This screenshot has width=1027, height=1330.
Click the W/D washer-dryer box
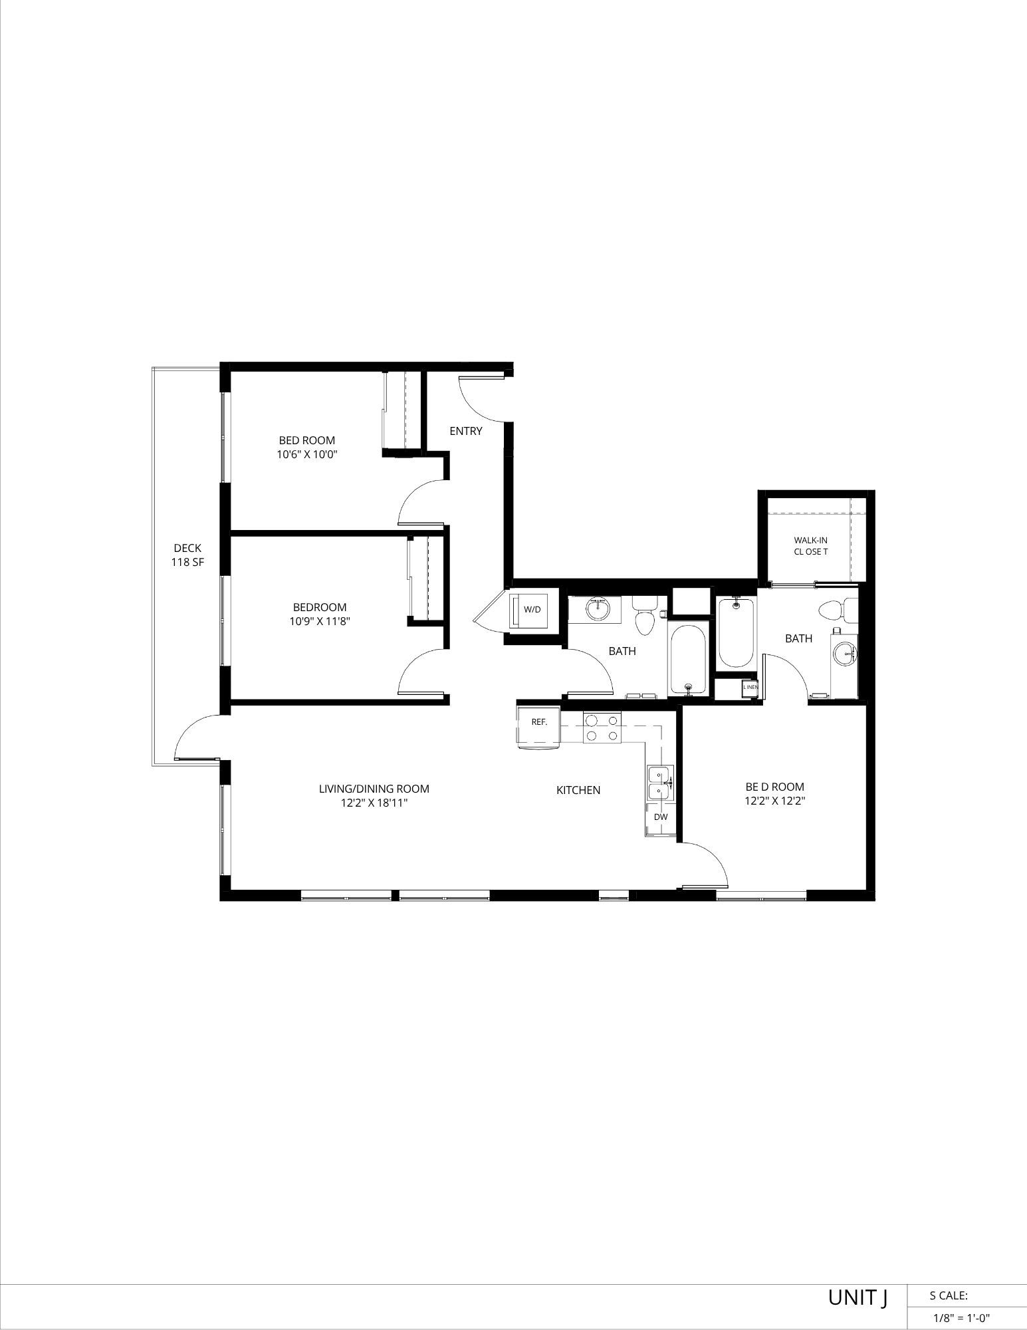[x=530, y=609]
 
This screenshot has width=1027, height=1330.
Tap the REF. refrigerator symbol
[x=538, y=722]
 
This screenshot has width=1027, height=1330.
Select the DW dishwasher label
[x=660, y=817]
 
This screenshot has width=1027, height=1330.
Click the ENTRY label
[x=465, y=431]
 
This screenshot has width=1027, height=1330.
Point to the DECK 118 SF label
[x=187, y=555]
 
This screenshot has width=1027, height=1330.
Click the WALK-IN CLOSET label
[x=810, y=546]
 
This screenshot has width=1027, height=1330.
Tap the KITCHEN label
[x=578, y=790]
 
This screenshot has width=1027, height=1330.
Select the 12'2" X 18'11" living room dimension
[x=374, y=803]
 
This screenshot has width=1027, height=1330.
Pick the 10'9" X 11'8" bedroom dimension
[x=320, y=622]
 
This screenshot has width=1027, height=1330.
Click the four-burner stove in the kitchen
[x=602, y=727]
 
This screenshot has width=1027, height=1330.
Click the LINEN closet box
[x=750, y=687]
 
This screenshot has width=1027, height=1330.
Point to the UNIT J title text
[x=857, y=1297]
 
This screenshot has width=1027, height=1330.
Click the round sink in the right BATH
[x=845, y=654]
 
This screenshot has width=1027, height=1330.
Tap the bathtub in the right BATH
[x=736, y=632]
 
